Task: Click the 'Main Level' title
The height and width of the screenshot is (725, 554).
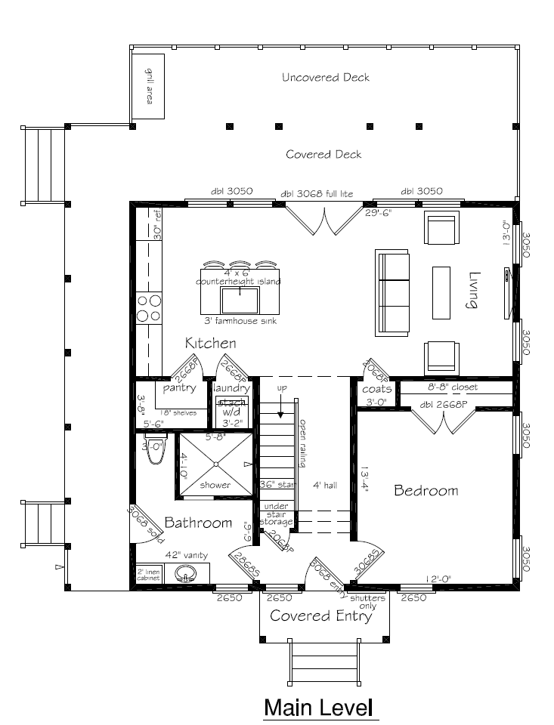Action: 320,708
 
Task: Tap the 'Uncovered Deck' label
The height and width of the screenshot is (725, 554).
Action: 326,77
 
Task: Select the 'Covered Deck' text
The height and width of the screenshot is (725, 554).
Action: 323,154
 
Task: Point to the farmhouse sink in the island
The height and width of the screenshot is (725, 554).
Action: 240,301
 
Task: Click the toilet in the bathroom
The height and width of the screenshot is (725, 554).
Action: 157,452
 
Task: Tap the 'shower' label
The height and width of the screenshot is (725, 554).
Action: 215,485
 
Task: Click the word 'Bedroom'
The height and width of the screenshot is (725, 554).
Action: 426,491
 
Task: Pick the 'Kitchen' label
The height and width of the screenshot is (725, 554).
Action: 211,344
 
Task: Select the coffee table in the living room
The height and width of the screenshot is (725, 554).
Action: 442,292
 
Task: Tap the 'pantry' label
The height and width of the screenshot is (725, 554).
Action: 180,388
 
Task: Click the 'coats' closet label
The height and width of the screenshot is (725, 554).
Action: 376,389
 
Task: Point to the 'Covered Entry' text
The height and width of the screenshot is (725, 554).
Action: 321,616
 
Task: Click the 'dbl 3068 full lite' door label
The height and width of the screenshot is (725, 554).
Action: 317,193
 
